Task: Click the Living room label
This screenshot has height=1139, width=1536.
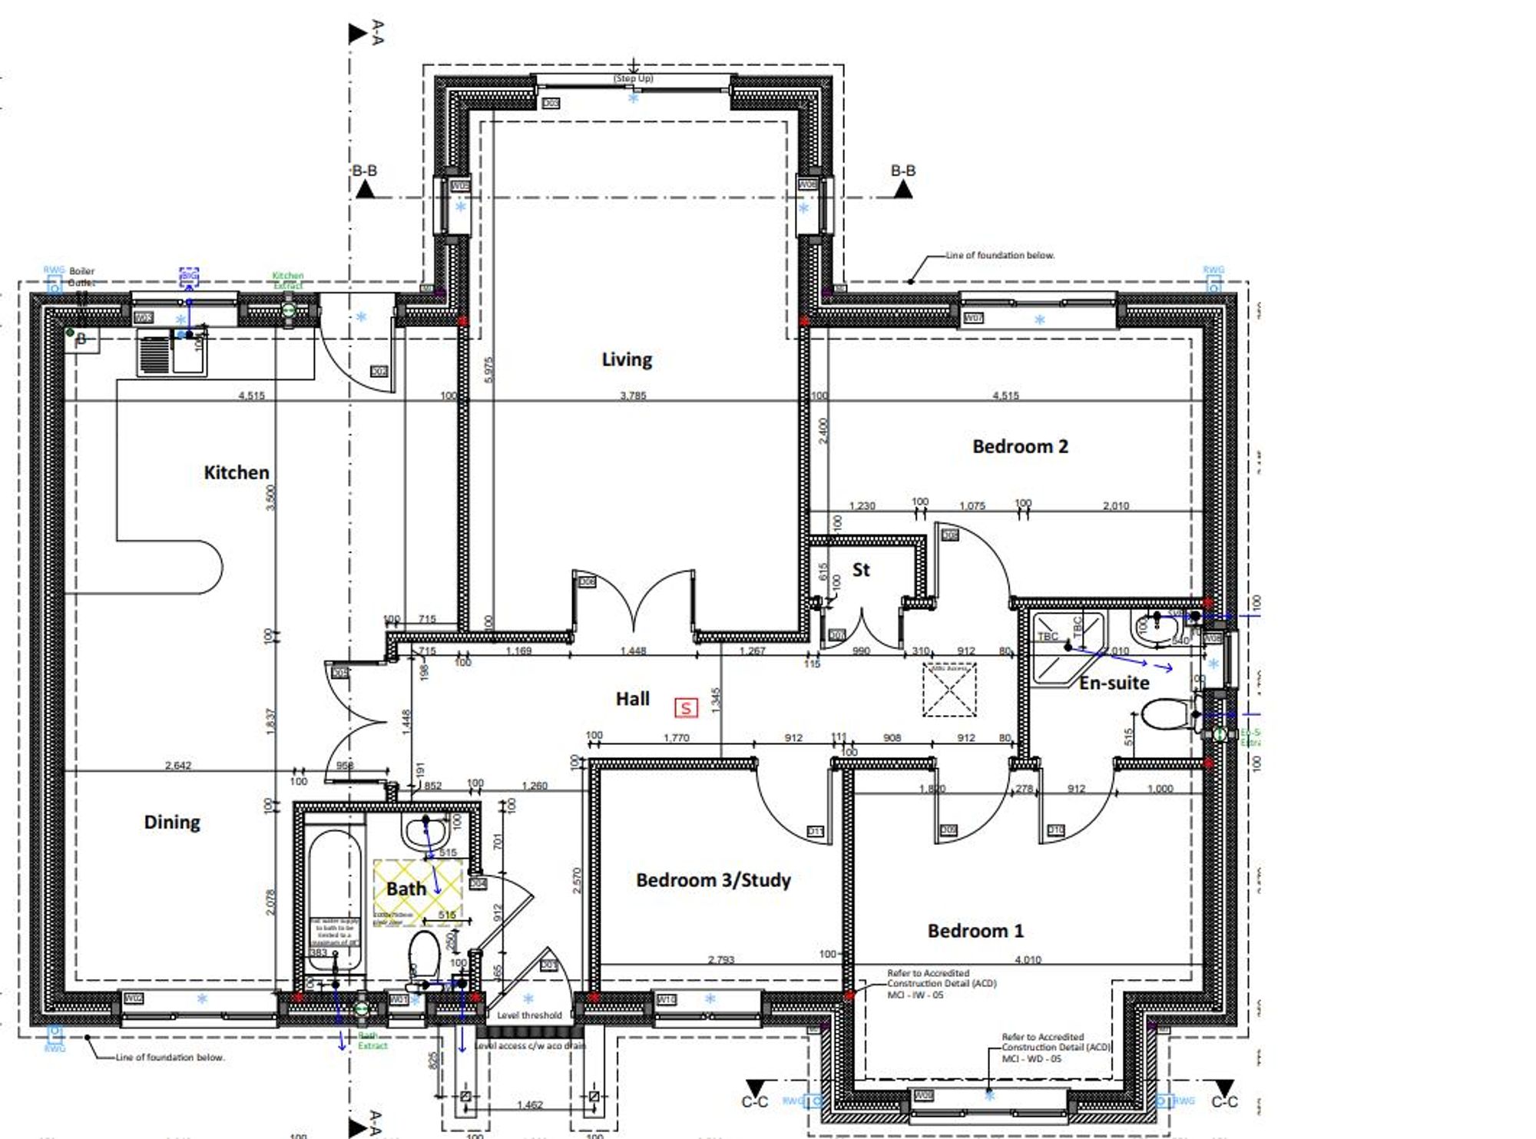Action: (627, 359)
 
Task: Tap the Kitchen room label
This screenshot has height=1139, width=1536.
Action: (236, 472)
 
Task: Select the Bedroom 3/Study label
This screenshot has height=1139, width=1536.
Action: (713, 880)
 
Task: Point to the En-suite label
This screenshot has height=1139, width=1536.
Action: (1114, 683)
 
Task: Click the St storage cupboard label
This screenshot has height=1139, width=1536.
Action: (861, 570)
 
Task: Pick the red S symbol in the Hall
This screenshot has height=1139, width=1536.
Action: (686, 707)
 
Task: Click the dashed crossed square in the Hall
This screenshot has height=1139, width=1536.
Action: (949, 690)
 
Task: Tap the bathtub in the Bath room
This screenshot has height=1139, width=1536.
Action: (334, 899)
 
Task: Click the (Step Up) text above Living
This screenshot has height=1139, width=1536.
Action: (633, 78)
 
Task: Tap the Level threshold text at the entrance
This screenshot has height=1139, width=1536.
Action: (529, 1015)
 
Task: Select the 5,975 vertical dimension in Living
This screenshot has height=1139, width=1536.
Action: (490, 369)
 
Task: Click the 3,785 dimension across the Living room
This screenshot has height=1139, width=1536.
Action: (633, 396)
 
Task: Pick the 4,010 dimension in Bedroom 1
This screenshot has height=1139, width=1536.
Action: (1028, 959)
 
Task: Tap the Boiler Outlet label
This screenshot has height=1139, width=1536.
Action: (81, 276)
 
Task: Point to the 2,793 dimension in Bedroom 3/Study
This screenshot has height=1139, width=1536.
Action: (721, 959)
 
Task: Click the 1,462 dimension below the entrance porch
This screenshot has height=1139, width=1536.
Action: (529, 1105)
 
